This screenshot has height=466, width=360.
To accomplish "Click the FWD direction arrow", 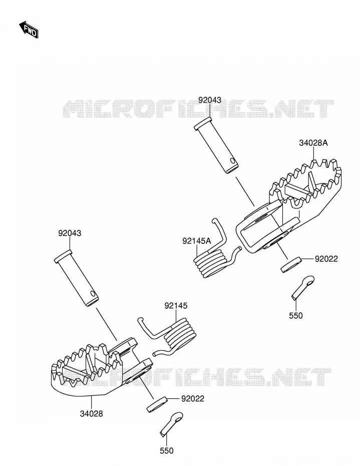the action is (29, 30).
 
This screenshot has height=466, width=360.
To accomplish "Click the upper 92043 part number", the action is (210, 100).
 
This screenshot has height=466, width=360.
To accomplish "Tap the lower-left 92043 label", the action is (70, 233).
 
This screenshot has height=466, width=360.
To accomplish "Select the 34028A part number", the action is (313, 143).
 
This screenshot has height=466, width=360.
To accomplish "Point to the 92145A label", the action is (197, 241).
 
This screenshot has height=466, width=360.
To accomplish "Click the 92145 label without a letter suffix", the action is (176, 306).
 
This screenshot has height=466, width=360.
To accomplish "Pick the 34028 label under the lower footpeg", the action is (91, 413).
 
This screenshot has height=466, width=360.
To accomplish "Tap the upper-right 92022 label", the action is (326, 259).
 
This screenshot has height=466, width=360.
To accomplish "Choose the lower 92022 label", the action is (192, 398).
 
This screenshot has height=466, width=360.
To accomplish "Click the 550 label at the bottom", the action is (166, 451).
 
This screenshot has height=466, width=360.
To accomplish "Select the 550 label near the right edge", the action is (296, 315).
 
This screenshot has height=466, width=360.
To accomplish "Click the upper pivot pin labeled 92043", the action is (216, 145).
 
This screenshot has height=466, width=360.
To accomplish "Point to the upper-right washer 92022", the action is (291, 264).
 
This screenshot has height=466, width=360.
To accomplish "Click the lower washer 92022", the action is (157, 404).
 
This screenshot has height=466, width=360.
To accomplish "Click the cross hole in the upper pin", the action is (233, 162).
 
